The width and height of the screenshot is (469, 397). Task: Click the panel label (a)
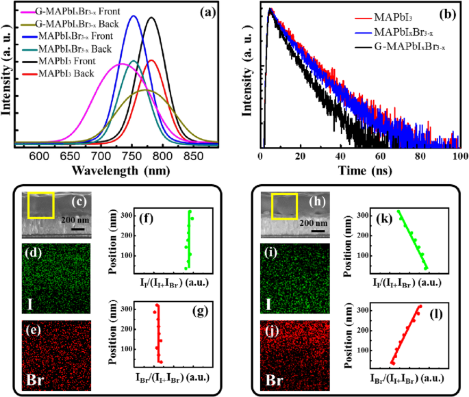[x=201, y=12]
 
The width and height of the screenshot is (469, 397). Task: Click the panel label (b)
[x=444, y=12]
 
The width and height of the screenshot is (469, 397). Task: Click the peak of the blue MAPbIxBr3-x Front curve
[x=134, y=16]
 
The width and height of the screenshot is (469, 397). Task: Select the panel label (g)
[x=201, y=315]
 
